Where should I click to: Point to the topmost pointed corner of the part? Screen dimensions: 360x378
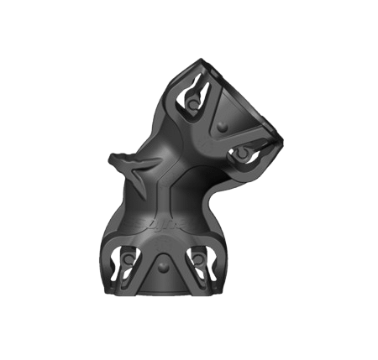click(x=202, y=60)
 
